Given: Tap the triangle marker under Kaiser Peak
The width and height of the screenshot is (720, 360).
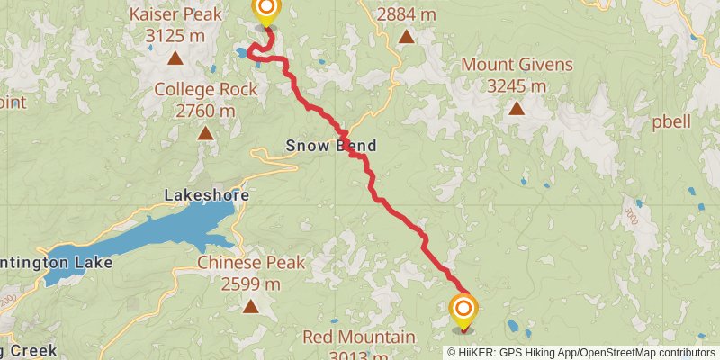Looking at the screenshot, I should [x=175, y=59].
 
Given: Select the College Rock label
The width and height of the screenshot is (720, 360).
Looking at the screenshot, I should [x=206, y=89].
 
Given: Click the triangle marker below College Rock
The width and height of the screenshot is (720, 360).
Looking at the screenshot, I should [x=206, y=133].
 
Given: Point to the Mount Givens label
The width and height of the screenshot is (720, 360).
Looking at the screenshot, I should [x=517, y=65].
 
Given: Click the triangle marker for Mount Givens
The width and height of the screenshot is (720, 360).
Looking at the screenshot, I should [x=517, y=108].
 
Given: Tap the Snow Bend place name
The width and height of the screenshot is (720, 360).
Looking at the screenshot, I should [x=331, y=146].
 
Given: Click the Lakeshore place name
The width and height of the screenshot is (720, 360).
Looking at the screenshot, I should [x=207, y=194].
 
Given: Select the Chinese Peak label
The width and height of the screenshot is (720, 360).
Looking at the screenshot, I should [x=251, y=263].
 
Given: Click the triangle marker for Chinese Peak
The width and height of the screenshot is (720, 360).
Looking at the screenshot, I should [x=251, y=306].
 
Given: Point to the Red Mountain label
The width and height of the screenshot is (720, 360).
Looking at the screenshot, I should [x=359, y=337].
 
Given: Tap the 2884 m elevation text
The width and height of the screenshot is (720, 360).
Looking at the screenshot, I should [x=407, y=14].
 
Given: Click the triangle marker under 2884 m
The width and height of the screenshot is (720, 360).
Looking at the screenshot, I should [x=407, y=37].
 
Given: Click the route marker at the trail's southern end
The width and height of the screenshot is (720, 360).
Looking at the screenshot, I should [x=463, y=310].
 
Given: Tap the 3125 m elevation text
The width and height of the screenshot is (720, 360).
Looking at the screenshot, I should [x=175, y=37].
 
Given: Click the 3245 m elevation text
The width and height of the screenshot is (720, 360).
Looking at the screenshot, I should [x=517, y=86].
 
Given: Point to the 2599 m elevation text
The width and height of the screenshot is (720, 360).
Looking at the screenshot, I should [x=251, y=284].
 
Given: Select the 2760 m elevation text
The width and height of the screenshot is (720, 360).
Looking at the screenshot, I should [x=206, y=111].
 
